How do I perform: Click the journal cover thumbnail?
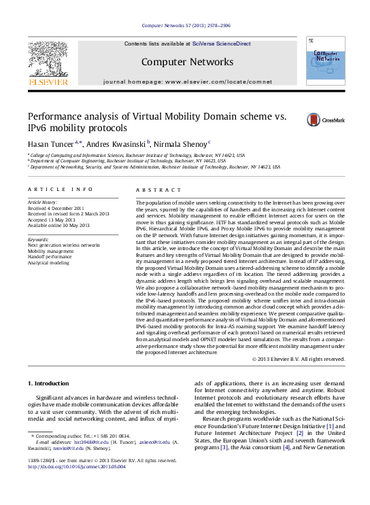click(x=325, y=61)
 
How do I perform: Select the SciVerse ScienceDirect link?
click(x=221, y=43)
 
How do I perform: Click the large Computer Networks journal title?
click(x=187, y=63)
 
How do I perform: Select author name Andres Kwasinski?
click(x=116, y=145)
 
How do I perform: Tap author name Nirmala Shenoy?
click(x=181, y=145)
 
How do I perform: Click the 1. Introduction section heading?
click(x=52, y=384)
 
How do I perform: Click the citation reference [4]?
click(x=286, y=447)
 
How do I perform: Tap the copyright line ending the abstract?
click(x=299, y=359)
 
